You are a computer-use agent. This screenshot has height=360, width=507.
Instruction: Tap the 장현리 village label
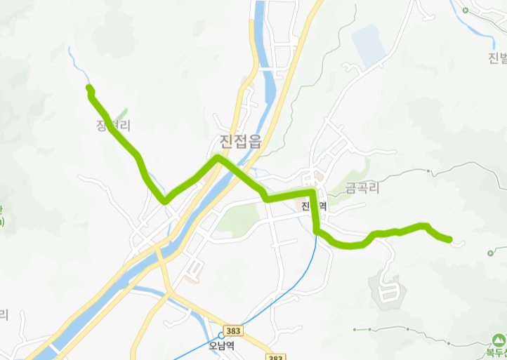tap(114, 126)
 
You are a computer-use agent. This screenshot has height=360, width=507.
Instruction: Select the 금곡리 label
tap(362, 188)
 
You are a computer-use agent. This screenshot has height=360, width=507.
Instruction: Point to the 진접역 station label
tap(314, 206)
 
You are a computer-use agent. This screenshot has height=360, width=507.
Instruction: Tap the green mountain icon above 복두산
tap(499, 340)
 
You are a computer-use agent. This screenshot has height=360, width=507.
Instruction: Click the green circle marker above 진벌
tap(466, 10)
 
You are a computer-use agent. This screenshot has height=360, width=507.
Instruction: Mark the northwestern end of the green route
tap(89, 88)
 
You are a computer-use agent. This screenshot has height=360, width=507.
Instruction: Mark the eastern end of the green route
tap(449, 240)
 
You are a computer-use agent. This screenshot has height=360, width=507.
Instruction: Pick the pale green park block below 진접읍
tap(237, 220)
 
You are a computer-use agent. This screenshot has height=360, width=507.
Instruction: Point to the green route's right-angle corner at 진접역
tap(312, 192)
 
